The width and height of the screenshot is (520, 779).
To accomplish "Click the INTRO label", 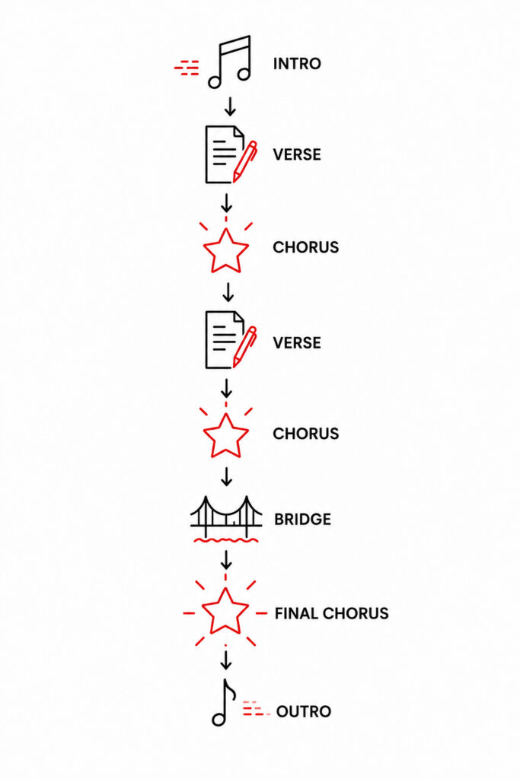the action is click(x=297, y=64).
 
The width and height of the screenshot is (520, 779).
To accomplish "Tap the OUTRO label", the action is click(x=303, y=711).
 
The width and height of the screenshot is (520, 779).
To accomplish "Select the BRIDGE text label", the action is click(x=302, y=519).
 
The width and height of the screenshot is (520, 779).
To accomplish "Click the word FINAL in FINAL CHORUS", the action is click(x=295, y=614).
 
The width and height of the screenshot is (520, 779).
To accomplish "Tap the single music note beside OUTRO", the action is click(x=223, y=703).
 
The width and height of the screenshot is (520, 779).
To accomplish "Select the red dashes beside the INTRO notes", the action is click(x=187, y=68).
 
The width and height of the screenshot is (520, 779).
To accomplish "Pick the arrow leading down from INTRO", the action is click(x=230, y=106).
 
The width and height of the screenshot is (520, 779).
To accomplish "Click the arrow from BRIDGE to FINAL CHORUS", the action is click(x=226, y=560).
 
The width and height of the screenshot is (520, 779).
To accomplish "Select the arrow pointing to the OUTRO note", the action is click(x=226, y=660).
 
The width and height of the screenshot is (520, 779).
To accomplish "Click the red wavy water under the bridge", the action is click(x=226, y=539).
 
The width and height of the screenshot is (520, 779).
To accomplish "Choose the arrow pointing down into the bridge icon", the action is click(x=227, y=476).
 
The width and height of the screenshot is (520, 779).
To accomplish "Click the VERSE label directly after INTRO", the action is click(x=297, y=154).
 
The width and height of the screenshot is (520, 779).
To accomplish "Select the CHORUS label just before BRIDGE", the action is click(x=306, y=434).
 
